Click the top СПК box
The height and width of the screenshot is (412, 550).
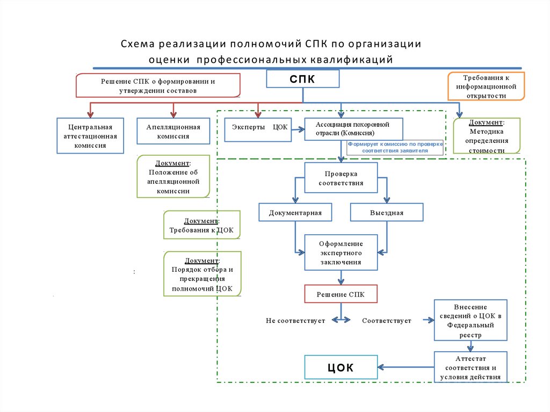click(x=303, y=79)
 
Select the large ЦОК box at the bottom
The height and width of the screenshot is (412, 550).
click(x=341, y=368)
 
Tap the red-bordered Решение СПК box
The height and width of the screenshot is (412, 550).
click(x=341, y=294)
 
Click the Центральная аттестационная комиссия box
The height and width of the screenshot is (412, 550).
click(x=90, y=136)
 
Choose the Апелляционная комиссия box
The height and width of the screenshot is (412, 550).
click(x=173, y=131)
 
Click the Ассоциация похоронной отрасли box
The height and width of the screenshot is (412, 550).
click(x=353, y=129)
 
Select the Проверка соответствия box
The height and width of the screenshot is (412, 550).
click(x=341, y=178)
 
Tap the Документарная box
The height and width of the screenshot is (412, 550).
click(x=295, y=212)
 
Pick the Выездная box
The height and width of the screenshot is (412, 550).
click(x=386, y=212)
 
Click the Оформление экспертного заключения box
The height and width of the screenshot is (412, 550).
click(x=341, y=252)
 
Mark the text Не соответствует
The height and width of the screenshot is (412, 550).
click(x=295, y=321)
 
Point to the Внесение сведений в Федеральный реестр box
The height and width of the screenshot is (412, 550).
click(x=470, y=320)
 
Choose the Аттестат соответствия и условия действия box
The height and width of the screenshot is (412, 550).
click(x=470, y=367)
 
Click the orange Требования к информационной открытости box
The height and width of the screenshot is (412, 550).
click(x=486, y=86)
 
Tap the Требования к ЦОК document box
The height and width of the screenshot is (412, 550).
click(x=202, y=225)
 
